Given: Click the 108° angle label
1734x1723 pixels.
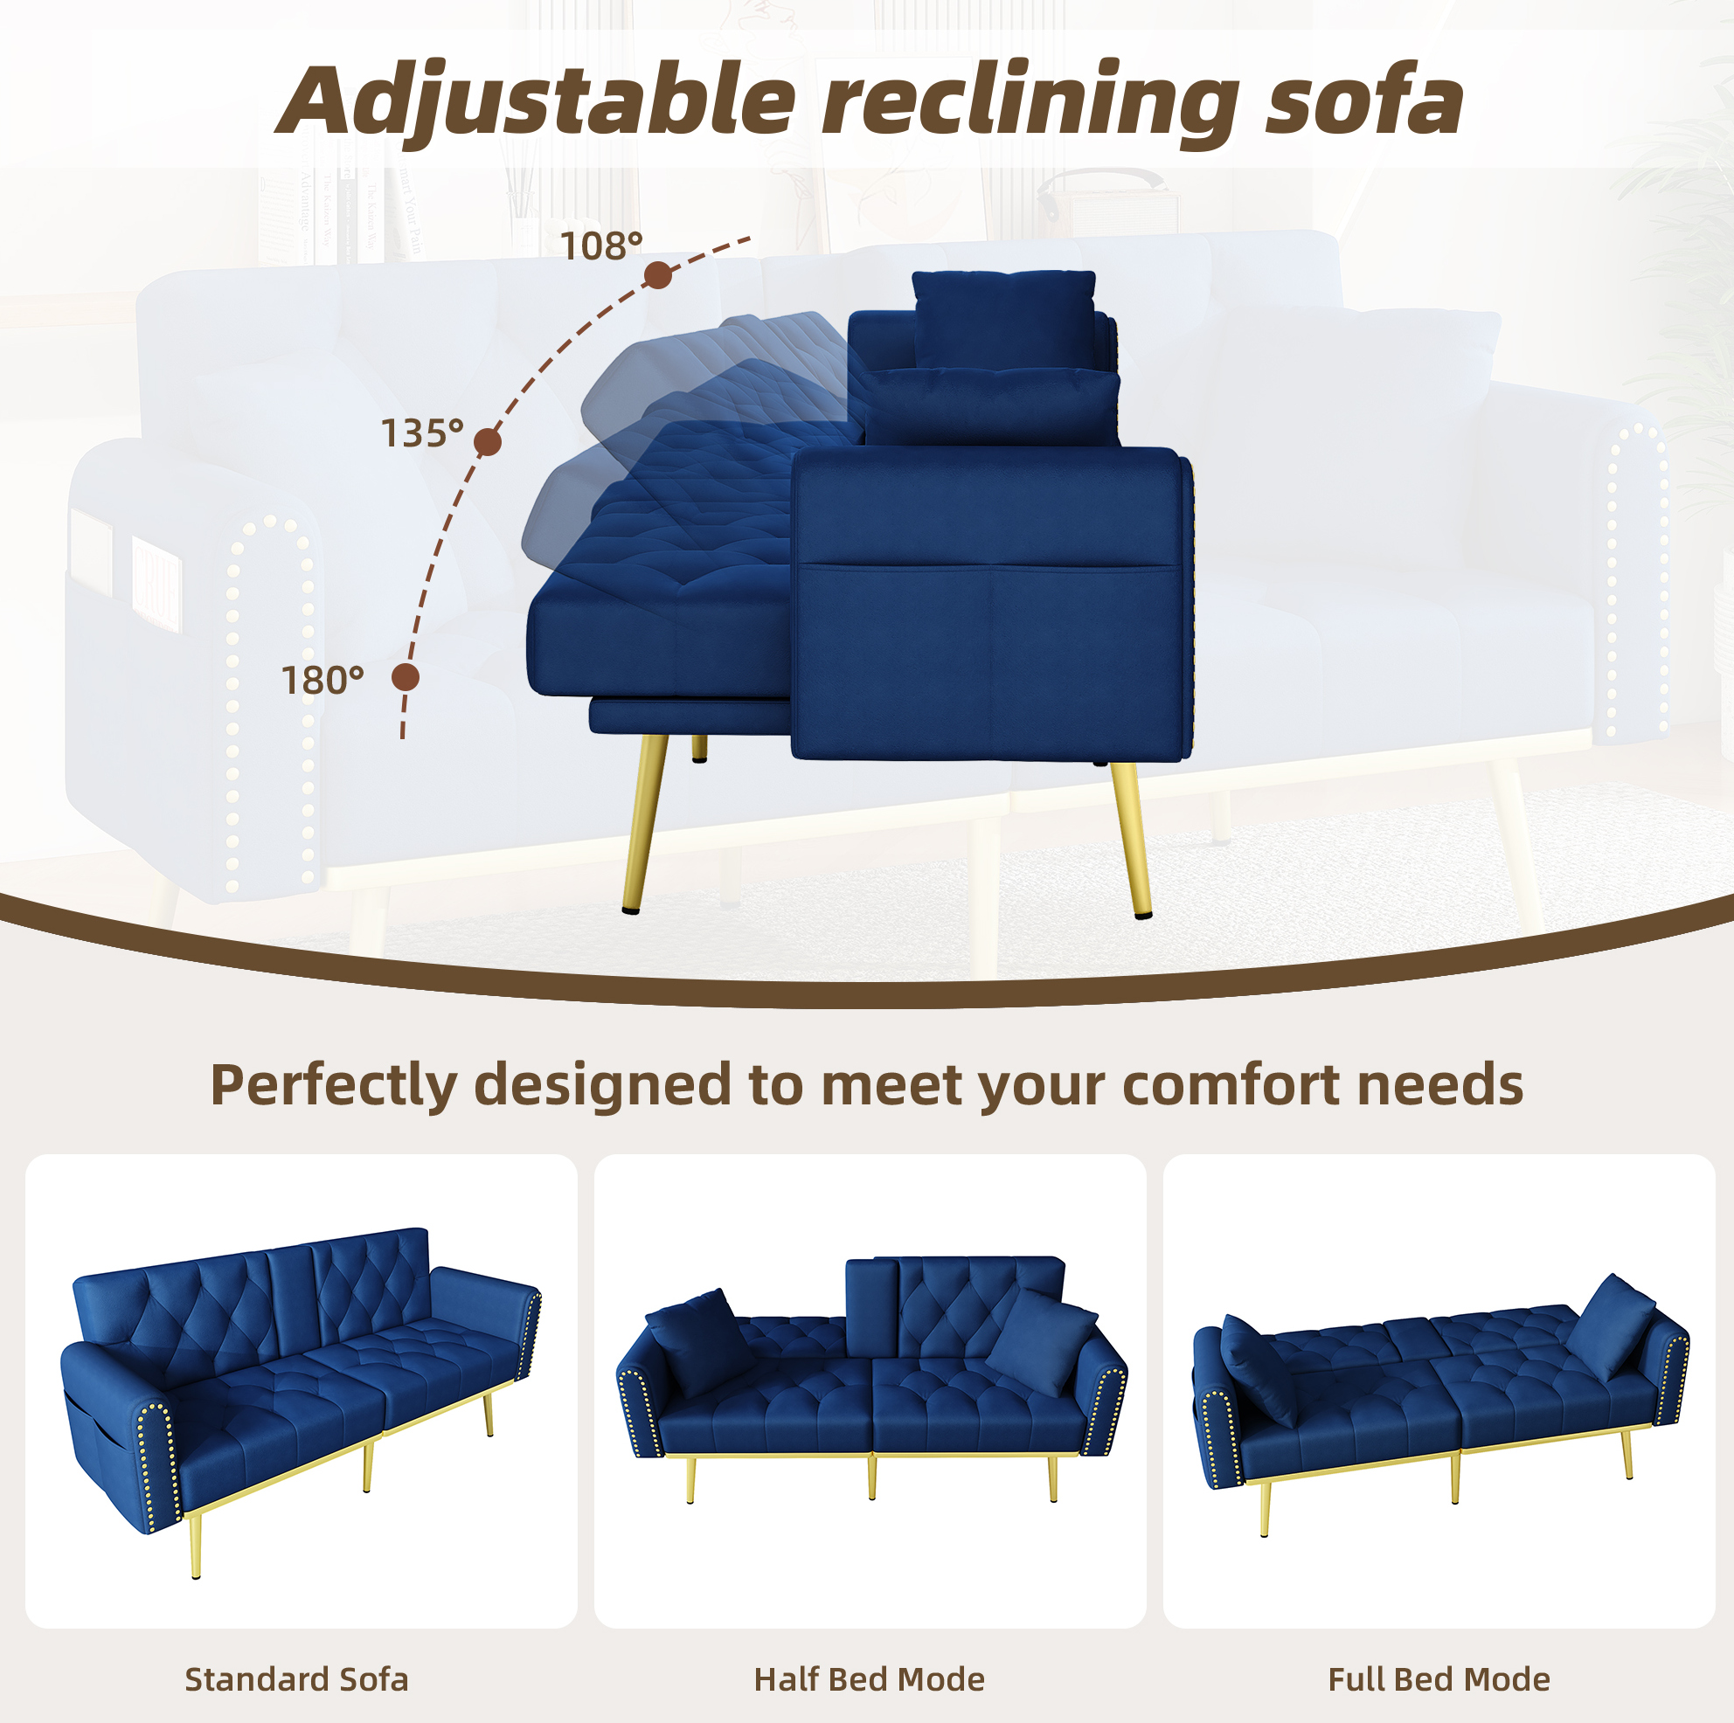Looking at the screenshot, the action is coord(601,246).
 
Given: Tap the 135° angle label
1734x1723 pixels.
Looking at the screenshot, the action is coord(422,433).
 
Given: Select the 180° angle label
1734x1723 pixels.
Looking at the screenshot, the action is coord(323,682).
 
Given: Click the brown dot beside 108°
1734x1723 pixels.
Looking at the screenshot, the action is coord(659,275).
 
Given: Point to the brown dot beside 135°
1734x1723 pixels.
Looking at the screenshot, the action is coord(488,441).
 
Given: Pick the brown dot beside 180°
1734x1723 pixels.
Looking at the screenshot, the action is coord(406,677).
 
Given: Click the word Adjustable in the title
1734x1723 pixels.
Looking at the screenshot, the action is coord(536,100).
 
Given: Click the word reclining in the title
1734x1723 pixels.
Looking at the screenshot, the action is coord(1031,100).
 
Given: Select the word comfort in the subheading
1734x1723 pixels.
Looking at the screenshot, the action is coord(1231,1085).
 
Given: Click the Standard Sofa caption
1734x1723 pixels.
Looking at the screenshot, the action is coord(296,1679).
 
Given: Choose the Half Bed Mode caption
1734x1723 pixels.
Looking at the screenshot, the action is coord(869,1679).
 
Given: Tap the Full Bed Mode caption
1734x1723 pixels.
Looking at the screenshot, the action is coord(1439,1679).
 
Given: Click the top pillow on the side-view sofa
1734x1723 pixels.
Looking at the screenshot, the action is coord(1004,319).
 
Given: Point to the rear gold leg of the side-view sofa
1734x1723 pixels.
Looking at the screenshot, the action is coord(1131,840).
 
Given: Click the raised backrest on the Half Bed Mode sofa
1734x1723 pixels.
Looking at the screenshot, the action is coord(955,1306).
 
